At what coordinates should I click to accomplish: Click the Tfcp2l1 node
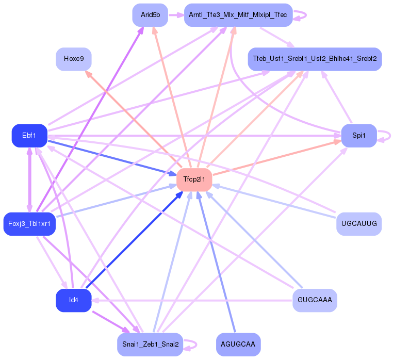click(194, 179)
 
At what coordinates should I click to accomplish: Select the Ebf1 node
click(29, 136)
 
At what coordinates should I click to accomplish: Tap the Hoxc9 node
click(74, 59)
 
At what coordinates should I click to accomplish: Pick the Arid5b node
click(150, 15)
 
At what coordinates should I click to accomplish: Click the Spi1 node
click(359, 136)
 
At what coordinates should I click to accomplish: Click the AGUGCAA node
click(238, 345)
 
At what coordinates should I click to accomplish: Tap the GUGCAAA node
click(315, 300)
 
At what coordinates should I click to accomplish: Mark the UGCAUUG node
click(358, 224)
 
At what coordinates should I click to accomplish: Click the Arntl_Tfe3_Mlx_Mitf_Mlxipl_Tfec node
click(238, 15)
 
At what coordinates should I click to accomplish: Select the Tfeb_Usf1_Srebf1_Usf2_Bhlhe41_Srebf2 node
click(315, 59)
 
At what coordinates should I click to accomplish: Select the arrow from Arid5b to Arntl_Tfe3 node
click(175, 15)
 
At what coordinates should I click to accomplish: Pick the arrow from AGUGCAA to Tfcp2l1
click(217, 263)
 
